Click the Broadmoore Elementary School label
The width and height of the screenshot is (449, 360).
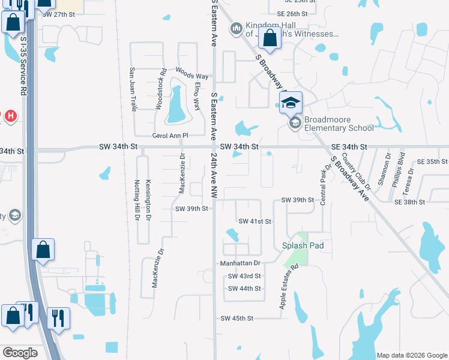click(339, 123)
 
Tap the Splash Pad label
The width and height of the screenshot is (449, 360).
click(304, 245)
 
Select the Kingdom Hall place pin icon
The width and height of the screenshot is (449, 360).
click(235, 27)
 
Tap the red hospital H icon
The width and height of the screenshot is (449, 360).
click(10, 116)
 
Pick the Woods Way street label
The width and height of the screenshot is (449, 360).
click(191, 76)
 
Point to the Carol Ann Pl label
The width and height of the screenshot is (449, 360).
click(170, 136)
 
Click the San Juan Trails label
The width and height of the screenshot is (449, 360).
click(133, 88)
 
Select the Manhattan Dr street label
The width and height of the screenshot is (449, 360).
click(240, 263)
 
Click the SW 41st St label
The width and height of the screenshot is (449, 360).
click(255, 221)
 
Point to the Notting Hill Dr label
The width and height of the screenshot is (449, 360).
click(136, 200)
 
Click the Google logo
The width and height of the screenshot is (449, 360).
click(20, 352)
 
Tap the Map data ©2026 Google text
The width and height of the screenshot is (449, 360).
click(411, 355)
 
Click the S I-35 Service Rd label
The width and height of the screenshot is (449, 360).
click(23, 66)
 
